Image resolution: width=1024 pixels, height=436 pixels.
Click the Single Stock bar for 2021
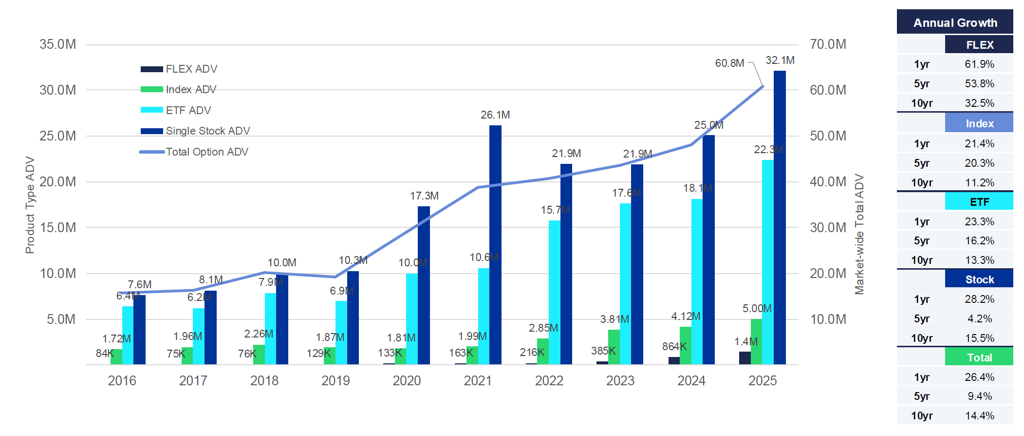(495, 244)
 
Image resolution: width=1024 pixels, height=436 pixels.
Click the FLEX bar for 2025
(745, 358)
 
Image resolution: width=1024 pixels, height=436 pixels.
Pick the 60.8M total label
(729, 63)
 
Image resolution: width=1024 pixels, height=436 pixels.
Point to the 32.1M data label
(780, 60)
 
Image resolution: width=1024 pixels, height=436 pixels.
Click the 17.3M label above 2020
(424, 196)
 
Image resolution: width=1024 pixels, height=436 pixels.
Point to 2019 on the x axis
(335, 381)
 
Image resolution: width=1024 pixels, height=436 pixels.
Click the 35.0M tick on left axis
(58, 44)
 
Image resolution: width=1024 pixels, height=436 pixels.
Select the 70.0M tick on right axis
(828, 44)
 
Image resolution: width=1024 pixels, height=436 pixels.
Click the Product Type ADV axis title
(30, 205)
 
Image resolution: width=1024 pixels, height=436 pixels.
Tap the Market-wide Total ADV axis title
(859, 234)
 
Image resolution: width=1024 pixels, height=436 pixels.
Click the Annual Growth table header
(955, 23)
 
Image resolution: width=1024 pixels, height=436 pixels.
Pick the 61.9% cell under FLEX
(979, 64)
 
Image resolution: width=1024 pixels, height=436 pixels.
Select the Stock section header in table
(979, 280)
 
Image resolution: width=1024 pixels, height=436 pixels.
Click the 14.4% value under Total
(979, 416)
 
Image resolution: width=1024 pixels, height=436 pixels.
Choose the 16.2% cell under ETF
(979, 241)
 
